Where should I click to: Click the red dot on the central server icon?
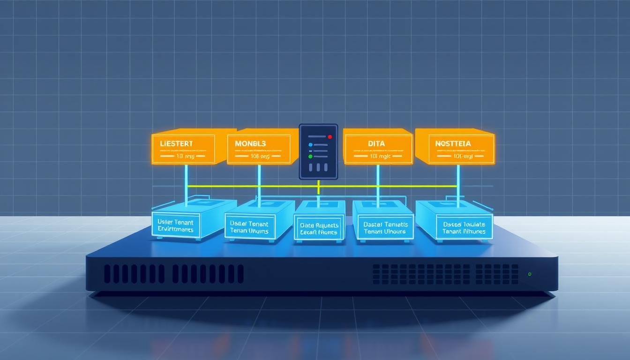click(330, 137)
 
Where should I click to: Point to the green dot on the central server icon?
click(310, 157)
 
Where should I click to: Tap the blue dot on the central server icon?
click(310, 145)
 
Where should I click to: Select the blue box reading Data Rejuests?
click(319, 228)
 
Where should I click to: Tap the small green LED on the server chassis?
click(529, 274)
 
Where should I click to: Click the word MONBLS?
click(250, 143)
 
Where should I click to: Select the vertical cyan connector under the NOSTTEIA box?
click(457, 183)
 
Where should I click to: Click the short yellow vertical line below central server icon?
click(319, 187)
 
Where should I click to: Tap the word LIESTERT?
click(176, 143)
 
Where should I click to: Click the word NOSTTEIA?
click(453, 143)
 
